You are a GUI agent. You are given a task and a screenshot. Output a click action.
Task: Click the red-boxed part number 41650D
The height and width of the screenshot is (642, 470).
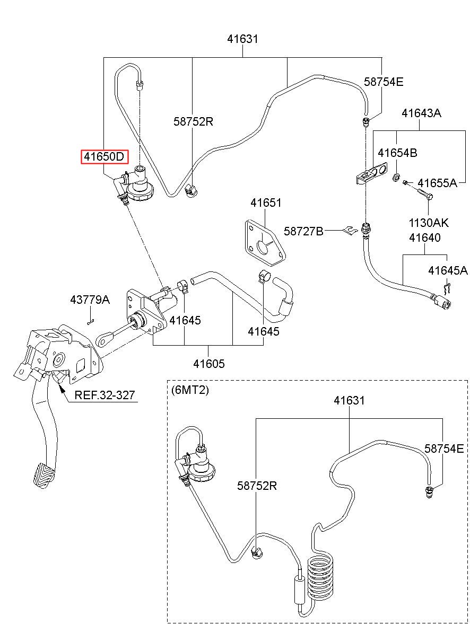click(x=104, y=157)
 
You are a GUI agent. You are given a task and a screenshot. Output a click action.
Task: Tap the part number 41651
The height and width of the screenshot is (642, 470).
click(x=266, y=203)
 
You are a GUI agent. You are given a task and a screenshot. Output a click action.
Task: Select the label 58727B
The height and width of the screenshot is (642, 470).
click(x=303, y=231)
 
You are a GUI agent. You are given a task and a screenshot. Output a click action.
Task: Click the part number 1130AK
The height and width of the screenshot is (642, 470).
click(x=428, y=223)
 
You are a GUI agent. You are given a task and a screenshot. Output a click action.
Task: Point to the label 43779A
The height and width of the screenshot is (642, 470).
click(x=90, y=300)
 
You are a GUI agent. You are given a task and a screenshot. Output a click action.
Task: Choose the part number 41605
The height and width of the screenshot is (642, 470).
click(x=208, y=364)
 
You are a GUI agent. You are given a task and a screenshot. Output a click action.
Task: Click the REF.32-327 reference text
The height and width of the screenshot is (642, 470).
click(x=105, y=395)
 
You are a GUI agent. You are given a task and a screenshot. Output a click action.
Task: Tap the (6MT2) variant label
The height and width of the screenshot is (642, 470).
click(x=190, y=390)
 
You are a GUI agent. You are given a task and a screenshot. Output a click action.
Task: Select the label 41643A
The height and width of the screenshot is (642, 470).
click(x=421, y=113)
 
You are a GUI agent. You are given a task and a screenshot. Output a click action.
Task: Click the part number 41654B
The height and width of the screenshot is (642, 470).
click(x=397, y=153)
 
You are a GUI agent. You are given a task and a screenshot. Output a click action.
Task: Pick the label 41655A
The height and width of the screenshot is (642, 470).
click(x=437, y=183)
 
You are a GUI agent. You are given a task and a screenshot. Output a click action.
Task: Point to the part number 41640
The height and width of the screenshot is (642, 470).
click(x=424, y=238)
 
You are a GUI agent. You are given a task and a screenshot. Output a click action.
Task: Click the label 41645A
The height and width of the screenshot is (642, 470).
click(x=448, y=270)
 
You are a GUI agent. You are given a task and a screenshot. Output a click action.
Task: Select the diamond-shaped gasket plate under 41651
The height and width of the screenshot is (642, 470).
click(x=265, y=242)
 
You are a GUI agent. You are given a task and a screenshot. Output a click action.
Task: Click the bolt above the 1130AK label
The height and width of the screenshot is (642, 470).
click(x=425, y=194)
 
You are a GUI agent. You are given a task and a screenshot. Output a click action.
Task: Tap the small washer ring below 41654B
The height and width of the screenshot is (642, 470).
click(x=396, y=177)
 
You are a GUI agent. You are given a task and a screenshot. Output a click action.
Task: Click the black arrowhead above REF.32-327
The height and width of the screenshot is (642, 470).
click(x=62, y=388)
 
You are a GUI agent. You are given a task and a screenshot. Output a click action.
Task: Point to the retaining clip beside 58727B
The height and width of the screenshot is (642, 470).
click(x=351, y=230)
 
